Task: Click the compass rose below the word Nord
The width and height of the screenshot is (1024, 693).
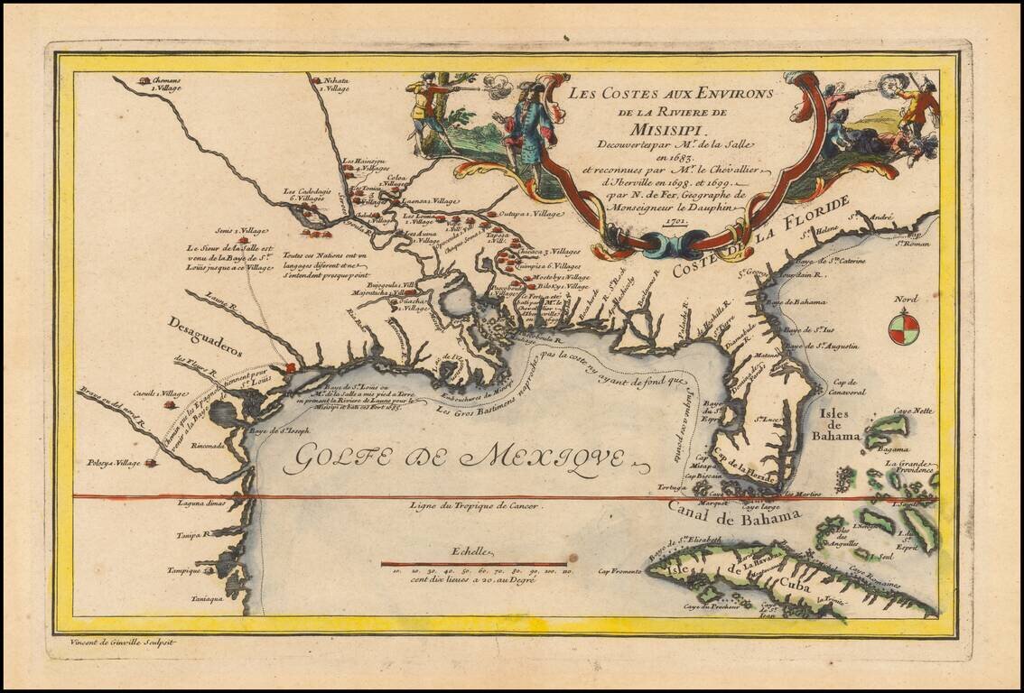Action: click(x=904, y=328)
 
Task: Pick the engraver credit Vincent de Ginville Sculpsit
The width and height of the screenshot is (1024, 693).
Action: click(x=123, y=642)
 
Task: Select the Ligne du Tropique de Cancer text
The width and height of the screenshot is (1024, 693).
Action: click(x=475, y=507)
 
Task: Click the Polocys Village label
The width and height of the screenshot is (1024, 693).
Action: click(x=115, y=463)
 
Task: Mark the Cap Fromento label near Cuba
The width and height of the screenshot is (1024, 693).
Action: click(x=619, y=571)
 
